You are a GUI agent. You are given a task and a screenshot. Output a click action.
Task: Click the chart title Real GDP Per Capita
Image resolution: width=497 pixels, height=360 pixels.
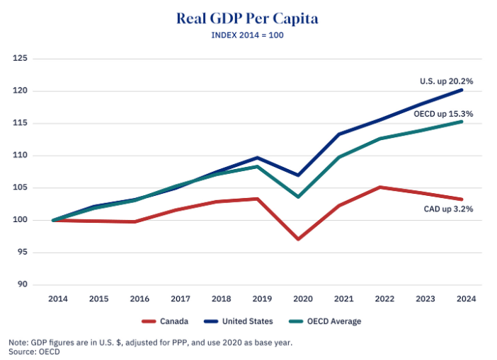tap(247, 18)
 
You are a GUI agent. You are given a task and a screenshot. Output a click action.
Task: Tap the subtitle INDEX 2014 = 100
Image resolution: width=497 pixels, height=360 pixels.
tap(247, 35)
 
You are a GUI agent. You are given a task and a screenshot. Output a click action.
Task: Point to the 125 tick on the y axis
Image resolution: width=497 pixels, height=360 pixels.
tap(20, 58)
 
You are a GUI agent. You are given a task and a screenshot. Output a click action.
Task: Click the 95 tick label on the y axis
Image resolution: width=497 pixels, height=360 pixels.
tap(22, 252)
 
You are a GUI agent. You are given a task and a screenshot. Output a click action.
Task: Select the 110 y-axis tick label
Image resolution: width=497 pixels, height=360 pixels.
tap(20, 155)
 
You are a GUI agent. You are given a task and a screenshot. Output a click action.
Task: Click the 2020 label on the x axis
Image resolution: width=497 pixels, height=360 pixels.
tap(303, 298)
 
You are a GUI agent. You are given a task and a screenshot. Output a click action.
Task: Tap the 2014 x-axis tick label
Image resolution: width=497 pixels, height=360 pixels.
tap(57, 298)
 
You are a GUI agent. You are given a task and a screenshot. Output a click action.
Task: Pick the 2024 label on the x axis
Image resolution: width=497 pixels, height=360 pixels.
tap(467, 298)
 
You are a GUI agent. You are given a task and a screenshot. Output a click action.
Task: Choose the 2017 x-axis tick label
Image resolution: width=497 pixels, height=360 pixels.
tap(181, 298)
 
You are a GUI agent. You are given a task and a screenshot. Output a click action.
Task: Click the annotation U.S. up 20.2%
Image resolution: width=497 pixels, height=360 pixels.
tap(446, 81)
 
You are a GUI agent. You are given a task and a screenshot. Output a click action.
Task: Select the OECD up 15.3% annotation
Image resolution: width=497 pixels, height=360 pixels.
tap(443, 114)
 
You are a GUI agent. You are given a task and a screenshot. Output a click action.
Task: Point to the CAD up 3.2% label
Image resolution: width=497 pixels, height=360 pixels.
tap(448, 209)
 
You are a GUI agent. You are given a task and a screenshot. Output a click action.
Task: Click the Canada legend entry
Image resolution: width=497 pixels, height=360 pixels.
tap(165, 321)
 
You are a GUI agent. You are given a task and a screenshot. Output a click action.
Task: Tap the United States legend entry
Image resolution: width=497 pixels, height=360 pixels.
tap(239, 321)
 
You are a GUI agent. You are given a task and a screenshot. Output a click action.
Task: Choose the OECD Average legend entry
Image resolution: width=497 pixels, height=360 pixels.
tap(325, 321)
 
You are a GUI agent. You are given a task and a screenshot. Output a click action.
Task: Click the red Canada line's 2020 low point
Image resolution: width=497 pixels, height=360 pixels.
tap(298, 239)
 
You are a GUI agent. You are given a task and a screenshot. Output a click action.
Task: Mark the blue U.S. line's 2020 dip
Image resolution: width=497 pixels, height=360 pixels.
tap(298, 175)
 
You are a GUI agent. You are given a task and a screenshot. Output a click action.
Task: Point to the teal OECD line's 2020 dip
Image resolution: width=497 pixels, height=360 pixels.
tap(298, 197)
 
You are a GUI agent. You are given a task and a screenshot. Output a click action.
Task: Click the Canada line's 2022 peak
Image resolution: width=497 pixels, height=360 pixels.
tap(379, 187)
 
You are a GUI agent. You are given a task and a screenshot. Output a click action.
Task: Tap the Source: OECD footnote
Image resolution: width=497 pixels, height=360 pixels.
tap(34, 352)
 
